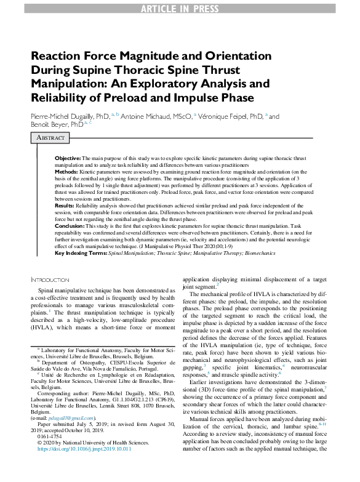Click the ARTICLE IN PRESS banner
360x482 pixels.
[x=180, y=7]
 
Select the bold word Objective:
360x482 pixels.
[x=68, y=159]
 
